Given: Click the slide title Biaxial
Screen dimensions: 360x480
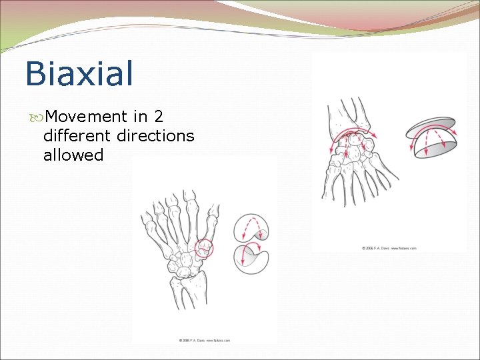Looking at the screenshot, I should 79,73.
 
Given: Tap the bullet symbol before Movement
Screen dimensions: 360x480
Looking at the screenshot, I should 35,118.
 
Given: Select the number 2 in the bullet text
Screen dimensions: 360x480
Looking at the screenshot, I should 158,117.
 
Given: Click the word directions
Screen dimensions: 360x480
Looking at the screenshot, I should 155,136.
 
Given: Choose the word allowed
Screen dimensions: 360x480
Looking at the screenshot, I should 73,155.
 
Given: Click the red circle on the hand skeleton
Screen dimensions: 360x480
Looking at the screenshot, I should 205,248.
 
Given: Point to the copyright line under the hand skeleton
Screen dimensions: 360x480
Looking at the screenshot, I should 204,340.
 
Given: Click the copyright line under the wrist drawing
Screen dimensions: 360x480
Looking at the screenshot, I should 389,248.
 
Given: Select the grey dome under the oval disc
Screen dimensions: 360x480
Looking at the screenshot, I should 433,147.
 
